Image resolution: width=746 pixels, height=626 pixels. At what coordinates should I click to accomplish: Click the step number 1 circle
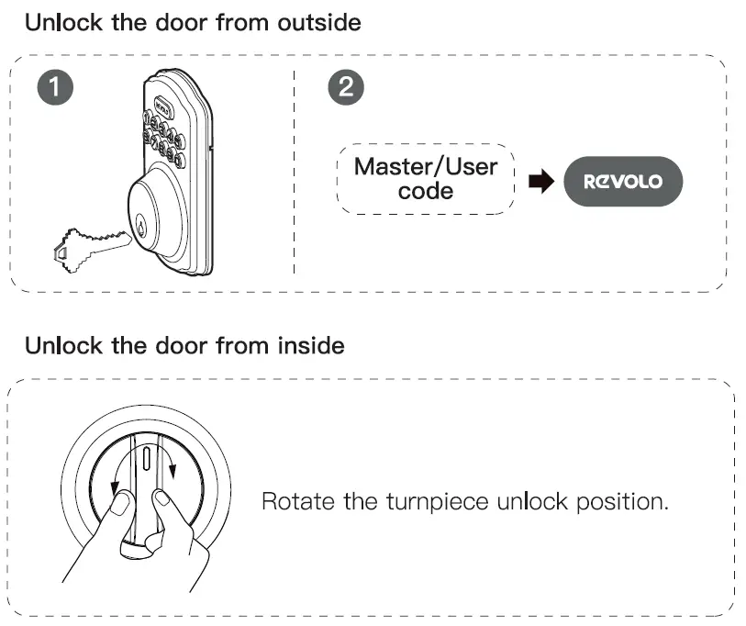tap(57, 88)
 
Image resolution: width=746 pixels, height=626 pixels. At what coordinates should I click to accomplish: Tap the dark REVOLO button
tap(623, 181)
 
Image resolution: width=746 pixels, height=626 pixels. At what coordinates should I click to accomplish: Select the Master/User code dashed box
tap(425, 179)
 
